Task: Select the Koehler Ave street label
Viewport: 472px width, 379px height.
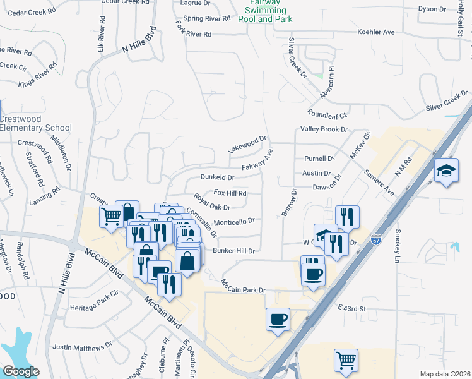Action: pos(375,32)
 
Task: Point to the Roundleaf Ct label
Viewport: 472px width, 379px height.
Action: pos(327,116)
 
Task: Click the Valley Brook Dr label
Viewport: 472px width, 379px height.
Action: pos(324,129)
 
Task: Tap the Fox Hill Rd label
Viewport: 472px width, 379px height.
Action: pos(230,193)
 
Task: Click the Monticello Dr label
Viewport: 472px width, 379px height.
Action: pos(233,222)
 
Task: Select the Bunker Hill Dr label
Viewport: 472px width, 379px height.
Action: pos(233,251)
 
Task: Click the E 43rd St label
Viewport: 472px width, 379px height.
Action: pos(351,308)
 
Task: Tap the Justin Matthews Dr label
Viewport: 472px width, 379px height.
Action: pos(82,347)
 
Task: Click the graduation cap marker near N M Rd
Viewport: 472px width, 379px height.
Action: pos(446,171)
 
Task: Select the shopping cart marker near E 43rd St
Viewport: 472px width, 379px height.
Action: pos(346,361)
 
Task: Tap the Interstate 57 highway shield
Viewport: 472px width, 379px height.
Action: pos(376,240)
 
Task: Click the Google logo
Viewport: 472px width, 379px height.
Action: pos(21,371)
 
